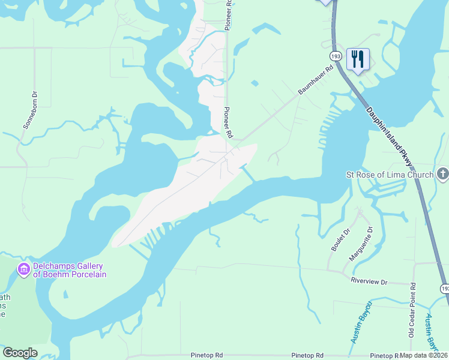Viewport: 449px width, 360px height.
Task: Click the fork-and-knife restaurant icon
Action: (x=358, y=59)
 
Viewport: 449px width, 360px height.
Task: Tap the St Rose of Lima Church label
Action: (x=390, y=175)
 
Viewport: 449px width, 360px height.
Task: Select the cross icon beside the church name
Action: (x=442, y=174)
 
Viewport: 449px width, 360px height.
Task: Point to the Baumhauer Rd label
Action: (x=316, y=81)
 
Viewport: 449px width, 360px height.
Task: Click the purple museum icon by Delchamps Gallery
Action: (x=23, y=271)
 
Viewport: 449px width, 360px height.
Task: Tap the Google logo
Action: (x=20, y=353)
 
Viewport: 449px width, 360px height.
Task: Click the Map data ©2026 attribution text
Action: (x=424, y=355)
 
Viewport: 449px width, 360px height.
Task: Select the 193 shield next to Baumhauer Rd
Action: (x=336, y=56)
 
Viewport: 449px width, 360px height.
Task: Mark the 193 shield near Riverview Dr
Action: (x=444, y=289)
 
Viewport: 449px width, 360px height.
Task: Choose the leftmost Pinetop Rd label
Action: (x=207, y=356)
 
